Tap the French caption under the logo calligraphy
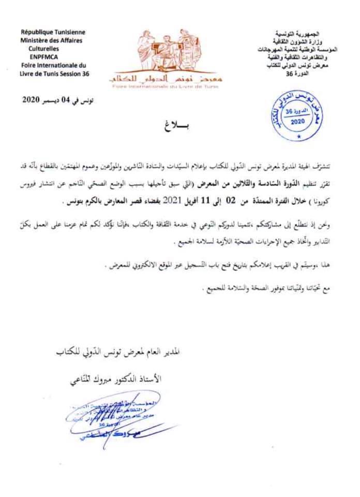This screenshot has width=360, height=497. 165,86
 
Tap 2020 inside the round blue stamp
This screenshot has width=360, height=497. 298,121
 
